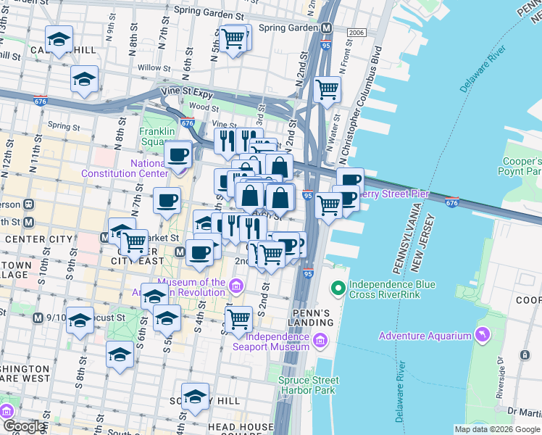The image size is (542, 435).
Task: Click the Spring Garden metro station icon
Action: click(327, 28)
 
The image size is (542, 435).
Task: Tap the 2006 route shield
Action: click(356, 33)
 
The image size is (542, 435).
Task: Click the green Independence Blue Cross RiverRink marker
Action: click(338, 289)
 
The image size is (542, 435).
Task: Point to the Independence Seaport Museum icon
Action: click(320, 339)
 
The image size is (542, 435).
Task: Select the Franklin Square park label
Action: click(157, 136)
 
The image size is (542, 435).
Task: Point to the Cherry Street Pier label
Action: click(396, 194)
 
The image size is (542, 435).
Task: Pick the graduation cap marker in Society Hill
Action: click(195, 397)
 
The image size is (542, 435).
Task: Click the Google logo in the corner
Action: click(24, 426)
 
